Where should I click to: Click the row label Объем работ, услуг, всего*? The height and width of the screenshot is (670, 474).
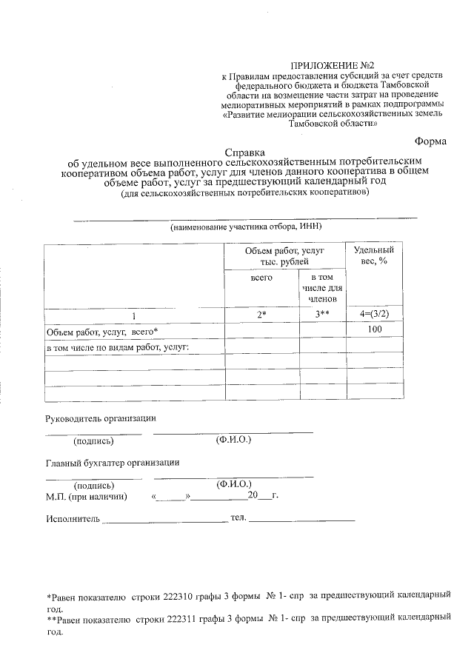click(102, 330)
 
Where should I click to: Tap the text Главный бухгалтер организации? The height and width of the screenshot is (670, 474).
click(113, 463)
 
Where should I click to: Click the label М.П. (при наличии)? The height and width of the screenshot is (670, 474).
click(87, 496)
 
